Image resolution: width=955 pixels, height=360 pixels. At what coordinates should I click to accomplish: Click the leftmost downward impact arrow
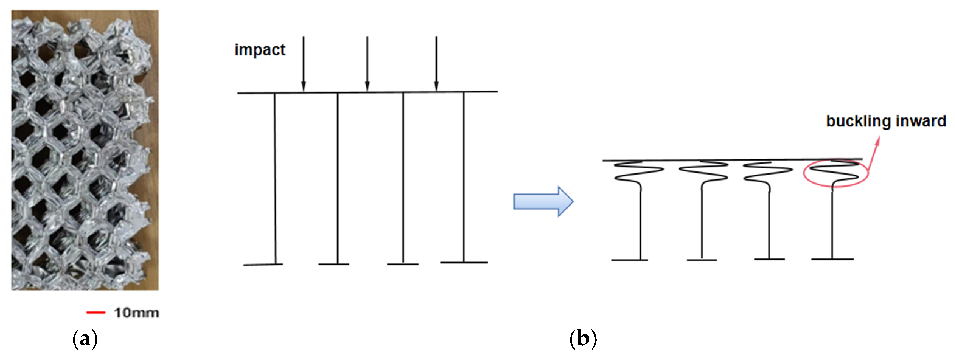click(x=304, y=63)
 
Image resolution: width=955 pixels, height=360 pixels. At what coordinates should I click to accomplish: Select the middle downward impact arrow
click(x=367, y=63)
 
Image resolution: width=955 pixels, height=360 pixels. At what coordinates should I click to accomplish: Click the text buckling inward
click(x=886, y=121)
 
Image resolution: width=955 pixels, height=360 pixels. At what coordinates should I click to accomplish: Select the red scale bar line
click(x=95, y=313)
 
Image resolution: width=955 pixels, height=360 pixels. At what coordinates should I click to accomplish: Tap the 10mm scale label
click(x=137, y=313)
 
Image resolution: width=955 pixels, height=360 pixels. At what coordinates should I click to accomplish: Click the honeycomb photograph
click(x=85, y=150)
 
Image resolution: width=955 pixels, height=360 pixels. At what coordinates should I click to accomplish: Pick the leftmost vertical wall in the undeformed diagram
click(x=275, y=178)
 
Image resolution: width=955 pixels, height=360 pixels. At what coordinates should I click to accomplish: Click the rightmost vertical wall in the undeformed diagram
click(x=464, y=178)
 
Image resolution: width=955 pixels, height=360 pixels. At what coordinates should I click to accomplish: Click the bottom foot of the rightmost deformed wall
click(x=832, y=259)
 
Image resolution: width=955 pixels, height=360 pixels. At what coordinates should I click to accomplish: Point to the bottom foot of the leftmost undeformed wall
click(x=263, y=264)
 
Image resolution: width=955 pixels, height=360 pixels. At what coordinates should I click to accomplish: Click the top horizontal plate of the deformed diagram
click(x=732, y=160)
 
